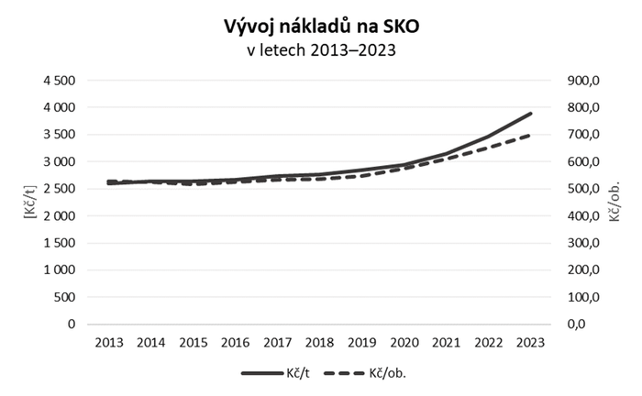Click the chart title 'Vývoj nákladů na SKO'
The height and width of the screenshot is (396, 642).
(321, 26)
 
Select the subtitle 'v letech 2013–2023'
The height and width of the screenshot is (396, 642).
(321, 50)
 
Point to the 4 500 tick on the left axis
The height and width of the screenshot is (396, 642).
(56, 81)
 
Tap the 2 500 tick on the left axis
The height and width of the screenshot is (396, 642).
(56, 189)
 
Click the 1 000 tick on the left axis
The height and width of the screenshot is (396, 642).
(56, 270)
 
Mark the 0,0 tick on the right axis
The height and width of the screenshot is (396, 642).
(588, 324)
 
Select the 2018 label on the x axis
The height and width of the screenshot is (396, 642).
(321, 343)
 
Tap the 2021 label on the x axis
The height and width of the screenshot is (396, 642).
(447, 343)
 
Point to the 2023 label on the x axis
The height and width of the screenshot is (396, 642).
(530, 343)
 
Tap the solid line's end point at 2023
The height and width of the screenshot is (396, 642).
(530, 115)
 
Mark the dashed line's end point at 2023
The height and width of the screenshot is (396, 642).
(530, 136)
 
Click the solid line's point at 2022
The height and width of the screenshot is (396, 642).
(489, 137)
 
